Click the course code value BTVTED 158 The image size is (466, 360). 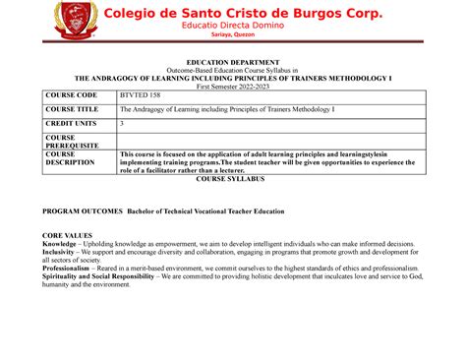point(138,95)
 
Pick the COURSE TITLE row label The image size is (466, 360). point(71,110)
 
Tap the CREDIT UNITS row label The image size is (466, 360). point(71,125)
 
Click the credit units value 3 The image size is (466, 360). point(121,125)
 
